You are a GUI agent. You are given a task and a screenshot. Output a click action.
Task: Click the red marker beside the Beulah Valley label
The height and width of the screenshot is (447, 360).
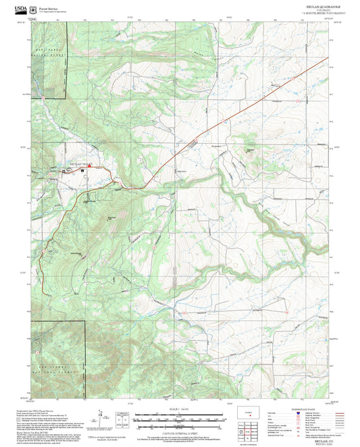point(66,170)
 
